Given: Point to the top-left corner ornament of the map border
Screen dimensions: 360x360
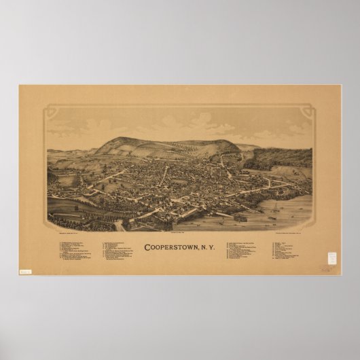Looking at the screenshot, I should pos(50,108).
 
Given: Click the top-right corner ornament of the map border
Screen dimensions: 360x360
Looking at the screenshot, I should pos(309,108).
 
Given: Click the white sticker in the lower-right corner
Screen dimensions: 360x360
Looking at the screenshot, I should pos(332,260).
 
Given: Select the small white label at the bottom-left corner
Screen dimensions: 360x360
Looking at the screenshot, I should pos(26,272).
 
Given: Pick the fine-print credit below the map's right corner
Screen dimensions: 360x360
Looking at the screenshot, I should pos(292,233).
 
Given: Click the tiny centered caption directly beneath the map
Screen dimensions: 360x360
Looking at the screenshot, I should pos(179,233).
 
